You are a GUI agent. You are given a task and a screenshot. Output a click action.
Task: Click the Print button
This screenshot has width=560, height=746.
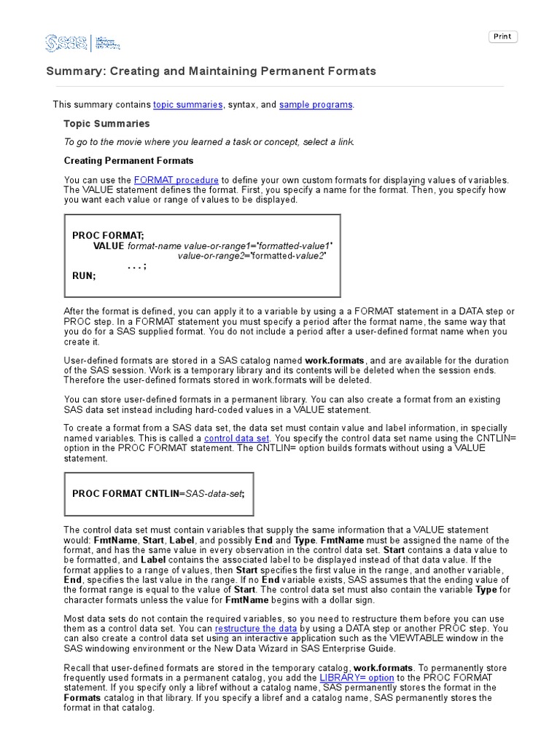pyautogui.click(x=502, y=36)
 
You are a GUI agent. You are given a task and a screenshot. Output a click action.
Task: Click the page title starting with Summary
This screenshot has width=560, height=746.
pyautogui.click(x=211, y=71)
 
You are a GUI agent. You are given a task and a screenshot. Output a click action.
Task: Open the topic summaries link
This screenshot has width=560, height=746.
pyautogui.click(x=187, y=105)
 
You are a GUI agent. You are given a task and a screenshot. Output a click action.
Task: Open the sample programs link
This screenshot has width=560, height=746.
pyautogui.click(x=316, y=105)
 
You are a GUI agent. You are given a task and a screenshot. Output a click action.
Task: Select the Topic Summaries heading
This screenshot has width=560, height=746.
pyautogui.click(x=106, y=124)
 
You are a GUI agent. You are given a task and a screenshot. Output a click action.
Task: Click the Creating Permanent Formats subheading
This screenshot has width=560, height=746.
pyautogui.click(x=128, y=160)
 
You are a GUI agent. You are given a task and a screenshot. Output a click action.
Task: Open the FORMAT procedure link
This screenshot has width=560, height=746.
pyautogui.click(x=176, y=180)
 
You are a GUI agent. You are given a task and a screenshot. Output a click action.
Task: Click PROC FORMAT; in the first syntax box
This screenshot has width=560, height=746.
pyautogui.click(x=108, y=235)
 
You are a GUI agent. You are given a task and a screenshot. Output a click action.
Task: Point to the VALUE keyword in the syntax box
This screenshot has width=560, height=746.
pyautogui.click(x=109, y=246)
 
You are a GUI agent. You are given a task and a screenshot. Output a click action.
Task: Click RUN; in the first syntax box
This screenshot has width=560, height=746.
pyautogui.click(x=84, y=276)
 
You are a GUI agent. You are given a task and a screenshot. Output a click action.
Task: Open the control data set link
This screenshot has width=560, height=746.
pyautogui.click(x=237, y=439)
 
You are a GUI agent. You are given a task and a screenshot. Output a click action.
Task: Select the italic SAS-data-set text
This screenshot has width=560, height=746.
pyautogui.click(x=214, y=493)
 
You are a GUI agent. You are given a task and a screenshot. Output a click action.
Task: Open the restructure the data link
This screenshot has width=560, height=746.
pyautogui.click(x=256, y=629)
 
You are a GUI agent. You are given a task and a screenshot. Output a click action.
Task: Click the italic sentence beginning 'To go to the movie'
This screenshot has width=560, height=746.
pyautogui.click(x=209, y=142)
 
